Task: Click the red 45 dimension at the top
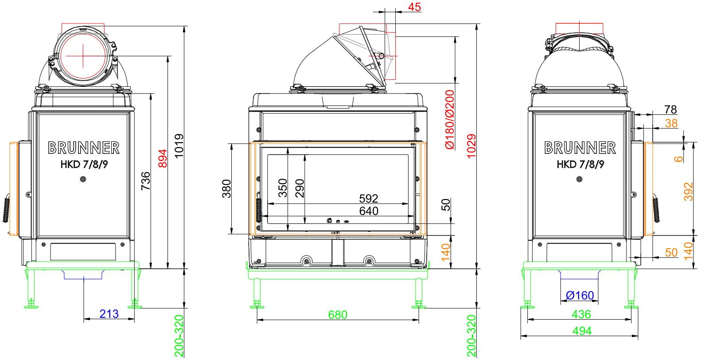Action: pyautogui.click(x=415, y=7)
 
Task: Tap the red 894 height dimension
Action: pyautogui.click(x=163, y=158)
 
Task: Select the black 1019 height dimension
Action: pyautogui.click(x=179, y=146)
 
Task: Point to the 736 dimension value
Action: pyautogui.click(x=146, y=180)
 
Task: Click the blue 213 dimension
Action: pyautogui.click(x=109, y=313)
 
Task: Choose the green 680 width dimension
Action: pyautogui.click(x=338, y=315)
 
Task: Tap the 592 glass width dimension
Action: pyautogui.click(x=369, y=199)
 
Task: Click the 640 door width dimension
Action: pyautogui.click(x=369, y=211)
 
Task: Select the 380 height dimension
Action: pyautogui.click(x=226, y=189)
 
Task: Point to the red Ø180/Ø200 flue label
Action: pyautogui.click(x=449, y=119)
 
